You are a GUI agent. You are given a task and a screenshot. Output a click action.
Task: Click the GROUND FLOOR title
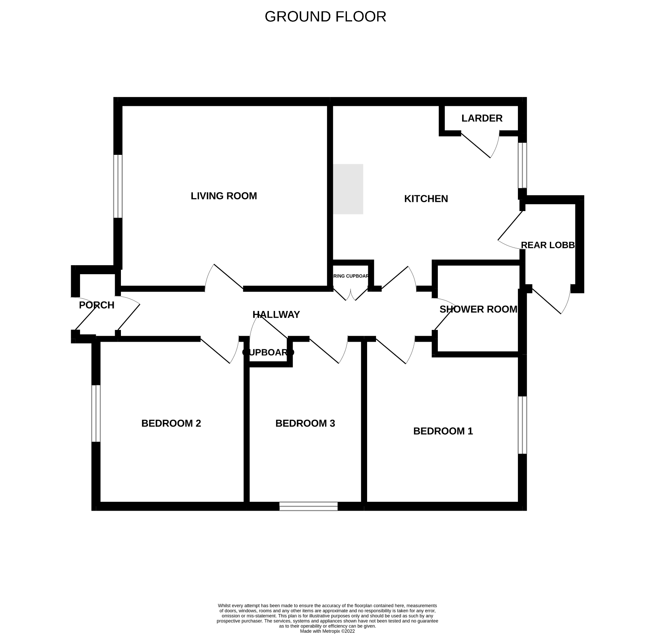pyautogui.click(x=325, y=17)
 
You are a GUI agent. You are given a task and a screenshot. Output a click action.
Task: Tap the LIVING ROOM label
pyautogui.click(x=224, y=196)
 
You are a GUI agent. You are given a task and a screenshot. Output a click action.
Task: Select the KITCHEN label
pyautogui.click(x=426, y=199)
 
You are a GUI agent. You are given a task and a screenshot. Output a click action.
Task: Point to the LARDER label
pyautogui.click(x=482, y=118)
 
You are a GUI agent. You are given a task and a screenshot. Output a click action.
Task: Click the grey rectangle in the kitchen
pyautogui.click(x=348, y=189)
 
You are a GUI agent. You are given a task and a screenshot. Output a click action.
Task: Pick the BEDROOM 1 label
pyautogui.click(x=443, y=431)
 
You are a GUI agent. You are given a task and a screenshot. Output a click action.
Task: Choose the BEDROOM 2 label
pyautogui.click(x=171, y=424)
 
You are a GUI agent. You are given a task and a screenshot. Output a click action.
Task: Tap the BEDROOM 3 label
pyautogui.click(x=305, y=424)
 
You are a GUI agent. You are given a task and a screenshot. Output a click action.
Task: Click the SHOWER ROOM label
pyautogui.click(x=478, y=310)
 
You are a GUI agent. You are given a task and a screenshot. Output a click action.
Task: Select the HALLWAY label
pyautogui.click(x=276, y=315)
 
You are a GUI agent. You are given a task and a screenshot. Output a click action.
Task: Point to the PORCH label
pyautogui.click(x=97, y=305)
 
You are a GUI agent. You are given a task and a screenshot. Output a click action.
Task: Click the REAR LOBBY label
pyautogui.click(x=547, y=245)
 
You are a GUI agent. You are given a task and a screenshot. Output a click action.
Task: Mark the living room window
pyautogui.click(x=118, y=186)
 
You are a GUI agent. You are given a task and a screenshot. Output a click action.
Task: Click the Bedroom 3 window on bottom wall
pyautogui.click(x=308, y=506)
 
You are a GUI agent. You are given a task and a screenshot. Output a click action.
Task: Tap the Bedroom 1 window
pyautogui.click(x=522, y=425)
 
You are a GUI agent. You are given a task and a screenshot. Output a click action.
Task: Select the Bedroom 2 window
pyautogui.click(x=96, y=413)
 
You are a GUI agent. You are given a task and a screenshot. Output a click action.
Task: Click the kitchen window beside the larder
pyautogui.click(x=522, y=165)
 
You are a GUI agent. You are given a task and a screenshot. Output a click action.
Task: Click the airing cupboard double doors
pyautogui.click(x=351, y=294)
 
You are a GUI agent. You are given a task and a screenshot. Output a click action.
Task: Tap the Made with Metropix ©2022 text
pyautogui.click(x=327, y=631)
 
